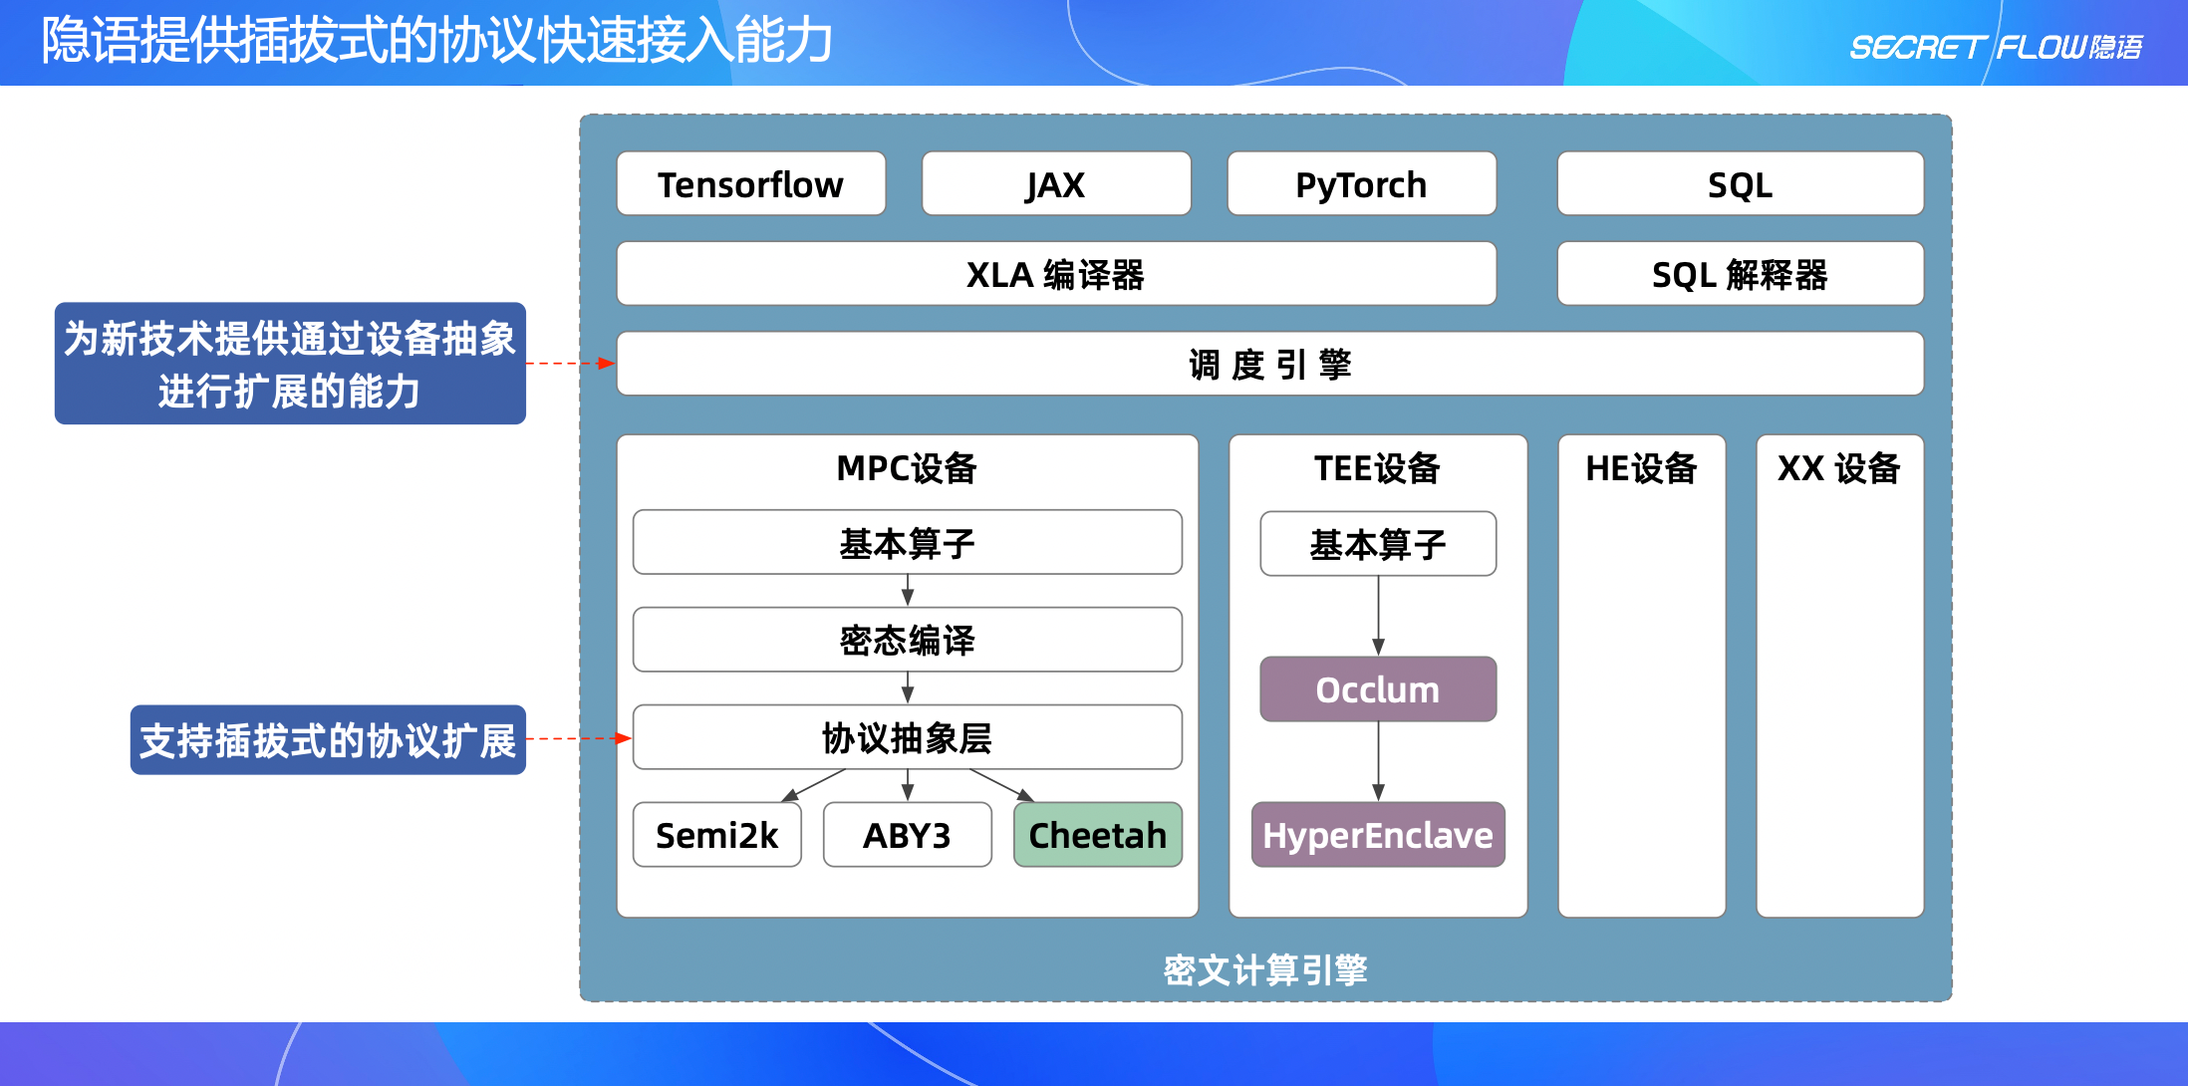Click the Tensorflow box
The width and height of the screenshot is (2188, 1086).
tap(750, 184)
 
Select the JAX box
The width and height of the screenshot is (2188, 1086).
tap(1055, 184)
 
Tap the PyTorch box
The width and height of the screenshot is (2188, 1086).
tap(1361, 184)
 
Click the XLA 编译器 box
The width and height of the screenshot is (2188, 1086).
tap(1055, 274)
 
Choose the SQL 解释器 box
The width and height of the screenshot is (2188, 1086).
tap(1740, 274)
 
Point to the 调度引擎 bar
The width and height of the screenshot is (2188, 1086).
tap(1269, 365)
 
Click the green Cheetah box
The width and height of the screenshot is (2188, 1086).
tap(1097, 835)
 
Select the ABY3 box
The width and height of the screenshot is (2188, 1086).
tap(907, 835)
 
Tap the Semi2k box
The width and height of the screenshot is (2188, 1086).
tap(716, 835)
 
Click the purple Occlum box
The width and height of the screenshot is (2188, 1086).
tap(1378, 689)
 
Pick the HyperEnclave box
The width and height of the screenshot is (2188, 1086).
tap(1378, 835)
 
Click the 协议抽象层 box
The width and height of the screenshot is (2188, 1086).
tap(907, 738)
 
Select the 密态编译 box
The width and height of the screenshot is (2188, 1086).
tap(907, 641)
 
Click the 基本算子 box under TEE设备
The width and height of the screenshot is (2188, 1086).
tap(1378, 545)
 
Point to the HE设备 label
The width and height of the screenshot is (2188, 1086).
tap(1641, 468)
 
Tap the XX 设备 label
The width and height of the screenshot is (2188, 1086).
tap(1839, 468)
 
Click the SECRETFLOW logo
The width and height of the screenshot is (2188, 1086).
tap(1995, 47)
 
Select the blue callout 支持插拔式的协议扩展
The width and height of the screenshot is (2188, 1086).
tap(328, 740)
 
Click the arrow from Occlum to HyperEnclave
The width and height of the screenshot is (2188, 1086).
tap(1378, 761)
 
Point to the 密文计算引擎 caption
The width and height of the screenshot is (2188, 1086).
tap(1265, 969)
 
